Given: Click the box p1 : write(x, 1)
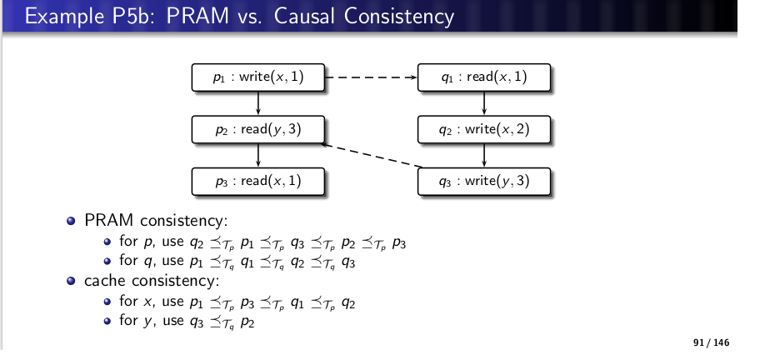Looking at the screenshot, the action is [257, 77].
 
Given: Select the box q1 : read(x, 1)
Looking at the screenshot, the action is [483, 77].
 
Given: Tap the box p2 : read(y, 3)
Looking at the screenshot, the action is [257, 129].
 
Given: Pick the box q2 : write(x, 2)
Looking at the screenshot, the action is [483, 129].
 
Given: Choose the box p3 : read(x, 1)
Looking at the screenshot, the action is [257, 181].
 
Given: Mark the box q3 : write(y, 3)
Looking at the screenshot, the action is [483, 181].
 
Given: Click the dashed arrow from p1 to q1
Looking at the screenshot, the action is [371, 77].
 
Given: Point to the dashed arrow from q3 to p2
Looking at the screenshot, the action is [371, 156].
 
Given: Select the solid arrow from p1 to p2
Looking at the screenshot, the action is [257, 103].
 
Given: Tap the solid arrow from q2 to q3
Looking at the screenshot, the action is [483, 156].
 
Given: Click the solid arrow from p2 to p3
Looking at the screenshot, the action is [257, 156].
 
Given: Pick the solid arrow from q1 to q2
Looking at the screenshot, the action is [483, 103].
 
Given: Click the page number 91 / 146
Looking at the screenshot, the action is [711, 343].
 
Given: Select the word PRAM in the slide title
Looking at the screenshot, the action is [197, 16].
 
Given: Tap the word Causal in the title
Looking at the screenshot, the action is [305, 16].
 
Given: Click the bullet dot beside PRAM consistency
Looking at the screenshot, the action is [72, 221].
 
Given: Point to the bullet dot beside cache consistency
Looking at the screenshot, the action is [72, 281].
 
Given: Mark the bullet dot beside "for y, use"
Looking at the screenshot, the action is [107, 321].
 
